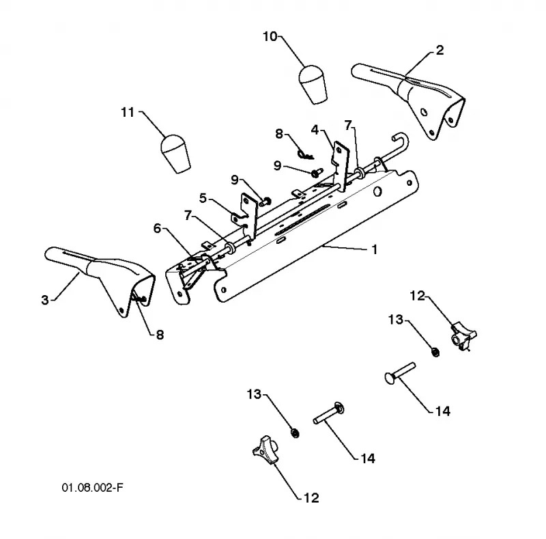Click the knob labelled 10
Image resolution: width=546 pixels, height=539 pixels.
313,84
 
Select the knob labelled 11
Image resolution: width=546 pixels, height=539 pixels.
175,154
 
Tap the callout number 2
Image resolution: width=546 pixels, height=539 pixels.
440,50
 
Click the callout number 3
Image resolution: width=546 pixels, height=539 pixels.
45,300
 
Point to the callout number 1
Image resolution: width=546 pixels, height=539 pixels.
375,249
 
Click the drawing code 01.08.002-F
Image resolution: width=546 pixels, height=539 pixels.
92,487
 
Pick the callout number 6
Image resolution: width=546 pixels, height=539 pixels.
158,228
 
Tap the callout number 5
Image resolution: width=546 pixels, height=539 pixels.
203,198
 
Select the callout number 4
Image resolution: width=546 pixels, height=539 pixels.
315,130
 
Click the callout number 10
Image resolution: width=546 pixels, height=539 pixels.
270,36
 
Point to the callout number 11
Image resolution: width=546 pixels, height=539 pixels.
128,112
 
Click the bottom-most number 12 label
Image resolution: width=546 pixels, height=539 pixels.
311,497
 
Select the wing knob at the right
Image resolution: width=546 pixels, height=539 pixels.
463,335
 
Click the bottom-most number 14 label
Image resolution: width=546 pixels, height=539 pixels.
368,458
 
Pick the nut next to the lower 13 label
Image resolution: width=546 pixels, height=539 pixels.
295,433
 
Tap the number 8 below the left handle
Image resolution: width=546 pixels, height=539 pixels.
160,335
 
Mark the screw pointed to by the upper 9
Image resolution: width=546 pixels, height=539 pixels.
317,172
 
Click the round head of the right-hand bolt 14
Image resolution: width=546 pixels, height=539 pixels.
390,378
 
